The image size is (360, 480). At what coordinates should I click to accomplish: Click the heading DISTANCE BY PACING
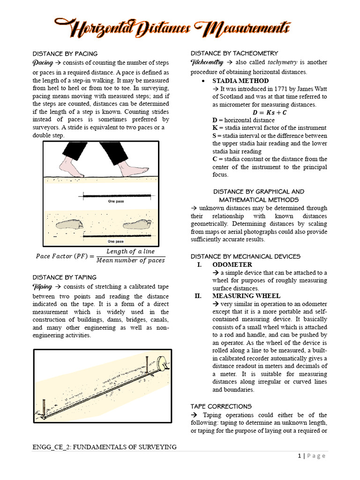pyautogui.click(x=65, y=53)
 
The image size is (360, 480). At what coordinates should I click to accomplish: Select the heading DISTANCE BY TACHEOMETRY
pyautogui.click(x=234, y=53)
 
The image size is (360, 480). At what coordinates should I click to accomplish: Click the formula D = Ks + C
pyautogui.click(x=270, y=112)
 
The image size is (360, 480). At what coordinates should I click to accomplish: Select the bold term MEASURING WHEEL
pyautogui.click(x=246, y=296)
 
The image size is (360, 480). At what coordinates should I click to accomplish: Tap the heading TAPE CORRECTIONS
pyautogui.click(x=221, y=406)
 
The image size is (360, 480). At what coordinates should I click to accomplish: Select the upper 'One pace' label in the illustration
pyautogui.click(x=116, y=201)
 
